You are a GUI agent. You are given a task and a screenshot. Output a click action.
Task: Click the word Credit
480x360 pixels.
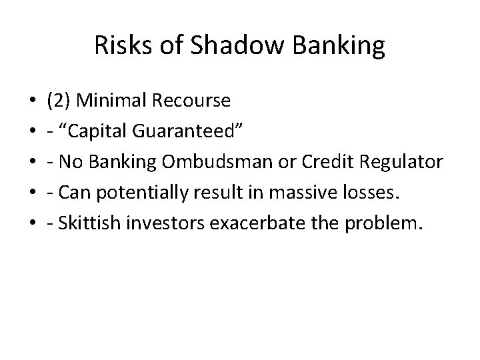[x=326, y=163]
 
